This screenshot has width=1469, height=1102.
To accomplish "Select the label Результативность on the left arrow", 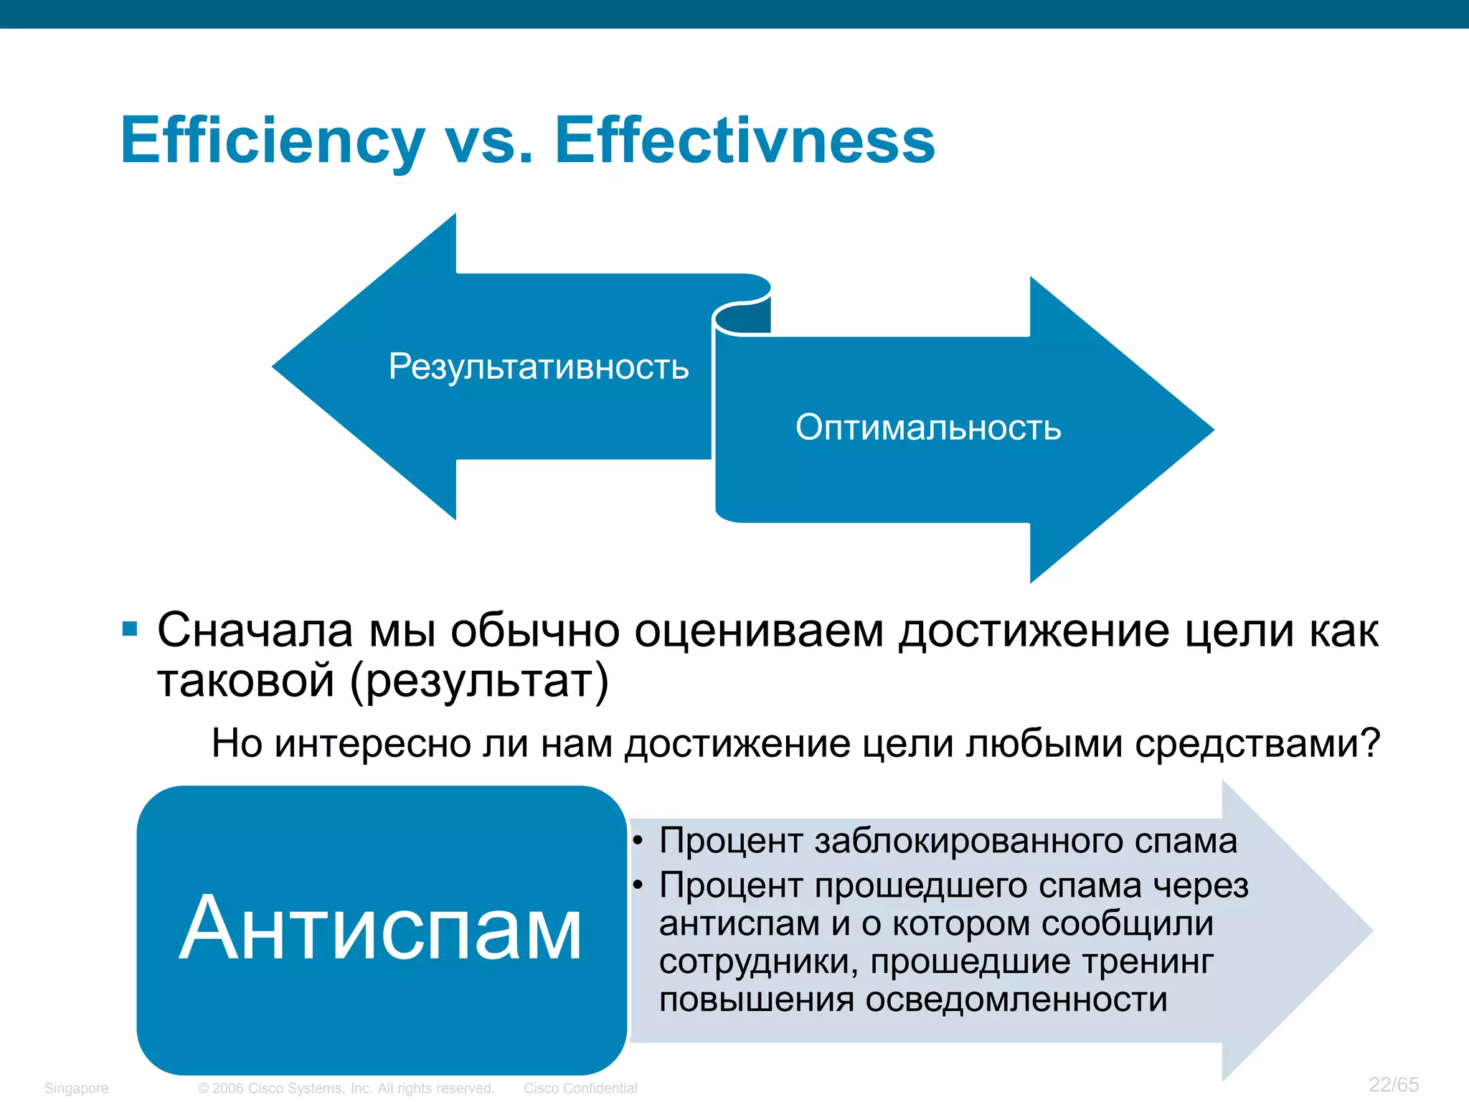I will [x=539, y=367].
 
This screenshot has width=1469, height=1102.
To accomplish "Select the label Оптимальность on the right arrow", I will [x=928, y=428].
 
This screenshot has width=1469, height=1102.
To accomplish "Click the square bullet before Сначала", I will [x=130, y=629].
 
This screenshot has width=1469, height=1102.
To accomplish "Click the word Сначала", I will [x=255, y=631].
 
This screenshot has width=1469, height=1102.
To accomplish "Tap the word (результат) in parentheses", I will [x=479, y=680].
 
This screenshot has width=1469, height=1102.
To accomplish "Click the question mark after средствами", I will [x=1370, y=743].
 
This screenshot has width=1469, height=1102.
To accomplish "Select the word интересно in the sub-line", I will [x=373, y=743].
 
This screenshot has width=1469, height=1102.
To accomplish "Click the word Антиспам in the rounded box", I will [x=380, y=930].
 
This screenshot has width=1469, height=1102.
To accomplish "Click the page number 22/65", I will [x=1394, y=1084].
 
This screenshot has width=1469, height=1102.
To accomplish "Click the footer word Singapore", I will [x=76, y=1088].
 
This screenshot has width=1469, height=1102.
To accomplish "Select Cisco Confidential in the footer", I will [x=580, y=1088].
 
